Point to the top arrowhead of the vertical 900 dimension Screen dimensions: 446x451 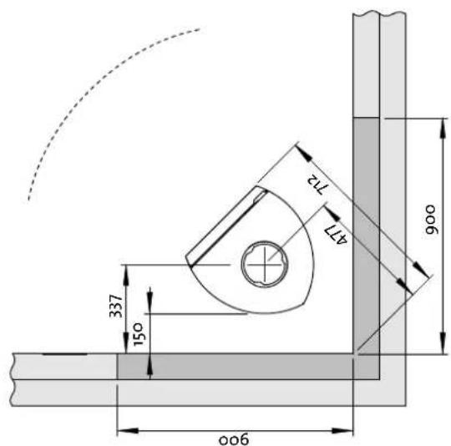coord(438,124)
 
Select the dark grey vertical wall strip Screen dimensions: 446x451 coord(367,234)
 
